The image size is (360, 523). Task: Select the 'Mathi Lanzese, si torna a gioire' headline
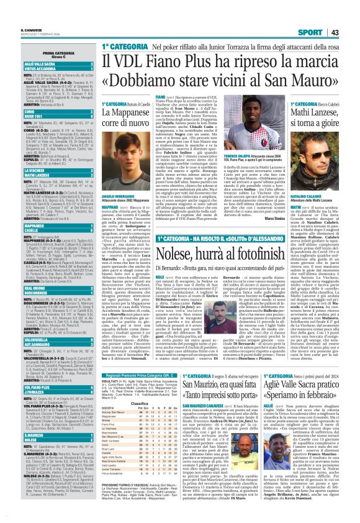point(317,102)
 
